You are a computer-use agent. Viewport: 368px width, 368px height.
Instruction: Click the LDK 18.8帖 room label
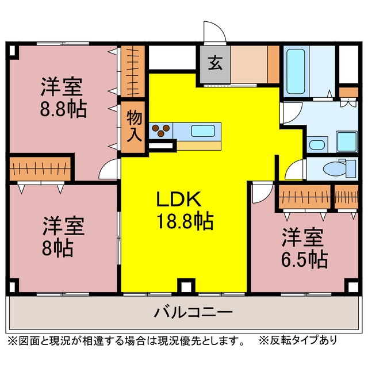[185, 210]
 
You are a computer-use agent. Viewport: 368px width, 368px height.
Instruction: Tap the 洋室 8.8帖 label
[63, 97]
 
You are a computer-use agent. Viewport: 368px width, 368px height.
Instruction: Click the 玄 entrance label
[215, 63]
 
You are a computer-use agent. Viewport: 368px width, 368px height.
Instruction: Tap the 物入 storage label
[134, 126]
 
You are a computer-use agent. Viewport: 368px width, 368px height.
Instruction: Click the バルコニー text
[193, 312]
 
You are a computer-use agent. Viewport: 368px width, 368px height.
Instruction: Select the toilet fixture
[339, 168]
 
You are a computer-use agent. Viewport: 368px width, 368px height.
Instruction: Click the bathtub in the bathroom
[296, 71]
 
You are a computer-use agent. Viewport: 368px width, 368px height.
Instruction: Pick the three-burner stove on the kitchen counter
[161, 131]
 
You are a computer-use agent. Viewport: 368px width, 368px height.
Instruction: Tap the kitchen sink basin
[203, 131]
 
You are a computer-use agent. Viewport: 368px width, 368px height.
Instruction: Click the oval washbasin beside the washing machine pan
[317, 144]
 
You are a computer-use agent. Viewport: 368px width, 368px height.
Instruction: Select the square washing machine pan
[347, 141]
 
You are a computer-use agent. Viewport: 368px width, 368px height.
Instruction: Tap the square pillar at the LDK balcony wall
[186, 285]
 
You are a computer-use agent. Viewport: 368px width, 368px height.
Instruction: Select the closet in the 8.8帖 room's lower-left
[40, 168]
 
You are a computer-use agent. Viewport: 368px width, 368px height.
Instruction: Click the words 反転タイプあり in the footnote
[304, 340]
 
